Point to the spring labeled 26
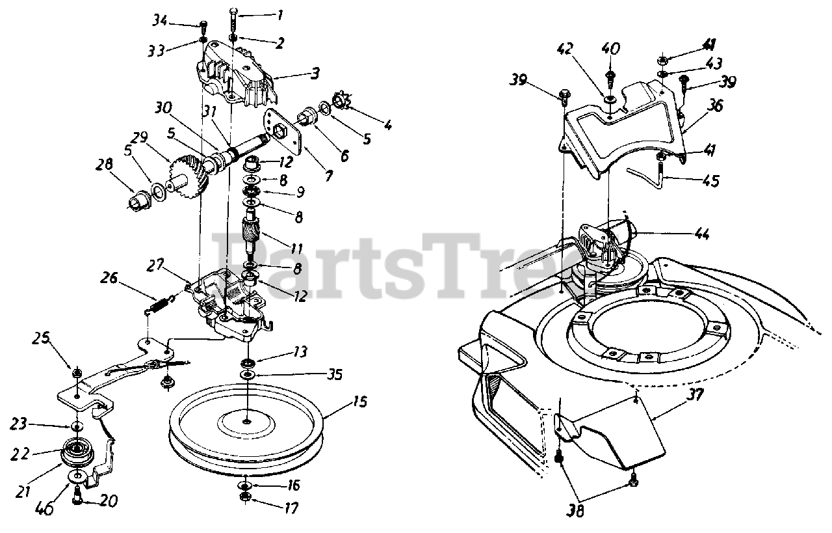coord(160,303)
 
